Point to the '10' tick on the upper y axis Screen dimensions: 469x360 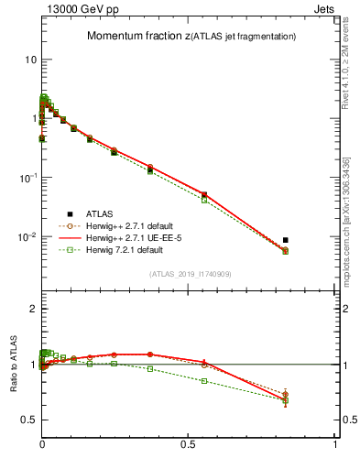click(x=29, y=60)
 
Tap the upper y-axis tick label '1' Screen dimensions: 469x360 click(x=32, y=118)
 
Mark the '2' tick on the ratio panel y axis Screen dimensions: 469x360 click(x=32, y=309)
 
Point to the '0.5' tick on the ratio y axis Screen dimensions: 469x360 click(x=27, y=420)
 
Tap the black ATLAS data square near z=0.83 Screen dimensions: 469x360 click(x=286, y=240)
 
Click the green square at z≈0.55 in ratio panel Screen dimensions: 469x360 click(x=204, y=381)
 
